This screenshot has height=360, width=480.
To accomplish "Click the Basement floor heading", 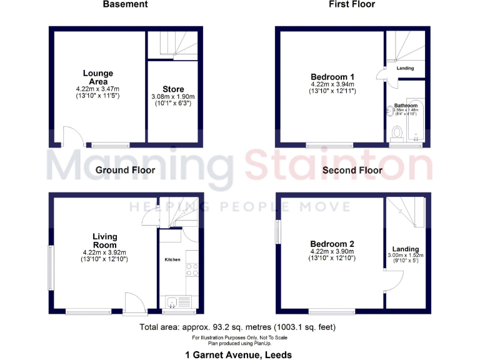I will click(x=126, y=4).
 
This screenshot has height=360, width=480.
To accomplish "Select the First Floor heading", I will click(x=352, y=4).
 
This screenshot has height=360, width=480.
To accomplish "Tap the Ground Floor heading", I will click(x=125, y=169).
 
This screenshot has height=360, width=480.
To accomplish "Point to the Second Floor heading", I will click(x=352, y=169).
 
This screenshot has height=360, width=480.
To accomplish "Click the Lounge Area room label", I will click(x=98, y=77).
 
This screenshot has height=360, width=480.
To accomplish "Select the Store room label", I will click(x=173, y=89).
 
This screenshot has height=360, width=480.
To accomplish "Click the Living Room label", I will click(x=105, y=241).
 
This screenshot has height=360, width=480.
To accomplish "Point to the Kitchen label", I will click(x=172, y=259).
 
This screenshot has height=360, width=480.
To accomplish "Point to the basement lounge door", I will click(x=71, y=136).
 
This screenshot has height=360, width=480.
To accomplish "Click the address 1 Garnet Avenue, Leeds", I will click(x=239, y=354).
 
